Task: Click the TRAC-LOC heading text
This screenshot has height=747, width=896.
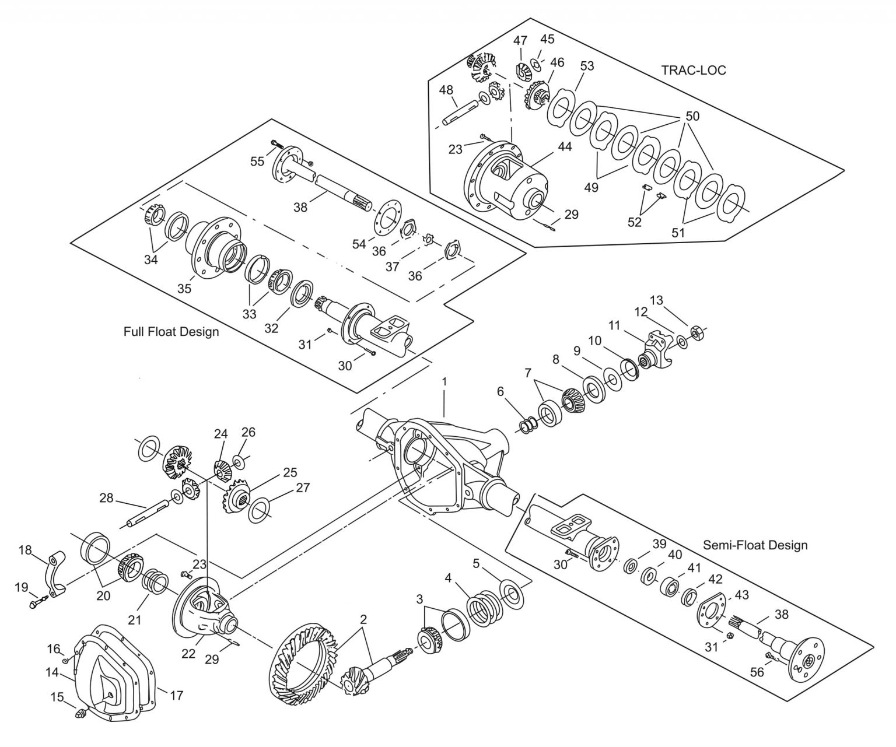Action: (x=693, y=70)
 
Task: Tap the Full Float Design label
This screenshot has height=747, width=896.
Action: (x=171, y=332)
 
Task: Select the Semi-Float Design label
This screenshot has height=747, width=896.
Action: (x=755, y=545)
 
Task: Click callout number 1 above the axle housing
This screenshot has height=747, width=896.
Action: (x=444, y=381)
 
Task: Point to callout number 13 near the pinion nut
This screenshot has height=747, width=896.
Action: (x=656, y=300)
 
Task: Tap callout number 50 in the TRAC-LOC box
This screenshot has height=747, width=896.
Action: (x=692, y=116)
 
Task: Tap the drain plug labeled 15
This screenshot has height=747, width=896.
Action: (x=81, y=713)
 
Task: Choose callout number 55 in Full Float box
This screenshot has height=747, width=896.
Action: (x=257, y=162)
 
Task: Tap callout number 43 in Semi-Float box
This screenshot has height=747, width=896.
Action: (x=741, y=595)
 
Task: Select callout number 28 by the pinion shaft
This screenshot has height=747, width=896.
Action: (x=106, y=497)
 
